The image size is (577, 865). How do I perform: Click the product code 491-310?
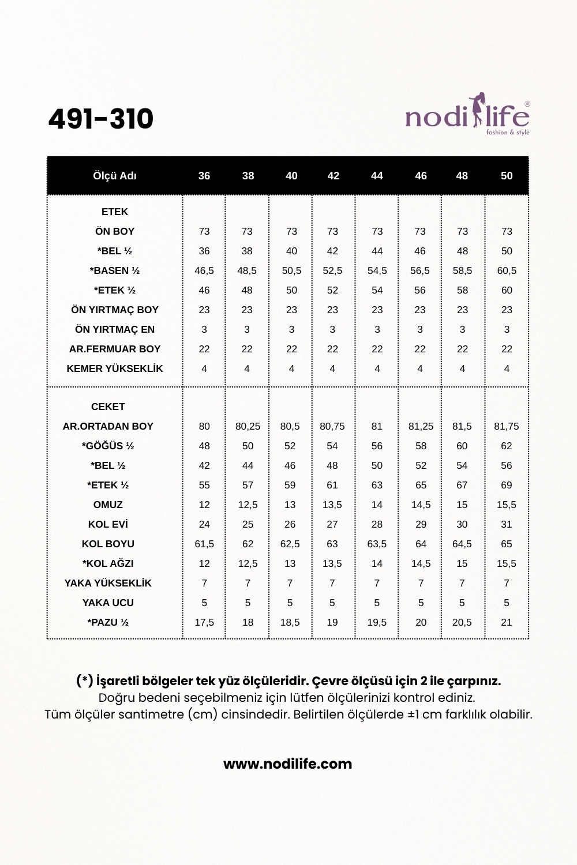(101, 119)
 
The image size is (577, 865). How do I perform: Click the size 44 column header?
(377, 176)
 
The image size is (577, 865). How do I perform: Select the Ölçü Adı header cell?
(115, 176)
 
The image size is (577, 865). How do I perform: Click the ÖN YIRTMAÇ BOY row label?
(115, 310)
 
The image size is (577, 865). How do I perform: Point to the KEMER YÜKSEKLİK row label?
(115, 368)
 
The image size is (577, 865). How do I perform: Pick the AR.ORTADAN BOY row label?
(108, 426)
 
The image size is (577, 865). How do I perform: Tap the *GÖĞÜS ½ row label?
(108, 446)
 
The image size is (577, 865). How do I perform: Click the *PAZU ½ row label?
(108, 622)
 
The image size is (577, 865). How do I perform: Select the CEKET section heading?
(108, 407)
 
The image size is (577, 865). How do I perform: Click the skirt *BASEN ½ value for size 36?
(204, 270)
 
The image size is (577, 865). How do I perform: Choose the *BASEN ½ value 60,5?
(507, 270)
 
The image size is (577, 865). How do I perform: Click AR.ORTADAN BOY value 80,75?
(332, 426)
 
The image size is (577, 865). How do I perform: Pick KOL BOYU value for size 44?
(377, 544)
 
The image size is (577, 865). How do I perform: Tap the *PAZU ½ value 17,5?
(204, 622)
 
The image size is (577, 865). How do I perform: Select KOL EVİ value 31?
(507, 524)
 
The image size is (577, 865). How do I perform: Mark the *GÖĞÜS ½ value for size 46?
(421, 446)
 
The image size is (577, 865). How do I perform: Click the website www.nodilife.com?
(288, 764)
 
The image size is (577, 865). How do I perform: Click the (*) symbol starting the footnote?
(85, 681)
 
